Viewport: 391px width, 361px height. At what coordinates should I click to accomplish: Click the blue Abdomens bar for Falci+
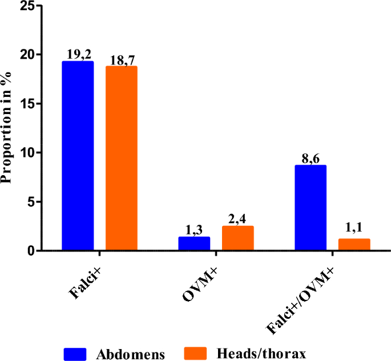coord(78,156)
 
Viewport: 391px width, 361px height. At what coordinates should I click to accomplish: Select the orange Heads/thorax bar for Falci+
coord(121,158)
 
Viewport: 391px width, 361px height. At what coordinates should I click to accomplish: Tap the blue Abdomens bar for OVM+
coord(194,244)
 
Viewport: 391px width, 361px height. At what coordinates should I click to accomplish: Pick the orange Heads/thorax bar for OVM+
coord(237,238)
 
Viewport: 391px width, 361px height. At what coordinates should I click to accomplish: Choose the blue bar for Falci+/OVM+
coord(310,208)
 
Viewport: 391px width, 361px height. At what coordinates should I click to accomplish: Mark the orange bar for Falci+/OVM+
coord(354,244)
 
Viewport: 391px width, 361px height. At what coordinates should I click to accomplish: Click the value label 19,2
coord(78,55)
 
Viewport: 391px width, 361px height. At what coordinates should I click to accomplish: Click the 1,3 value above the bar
coord(194,230)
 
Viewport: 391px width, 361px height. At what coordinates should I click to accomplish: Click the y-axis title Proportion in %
coord(7,129)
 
